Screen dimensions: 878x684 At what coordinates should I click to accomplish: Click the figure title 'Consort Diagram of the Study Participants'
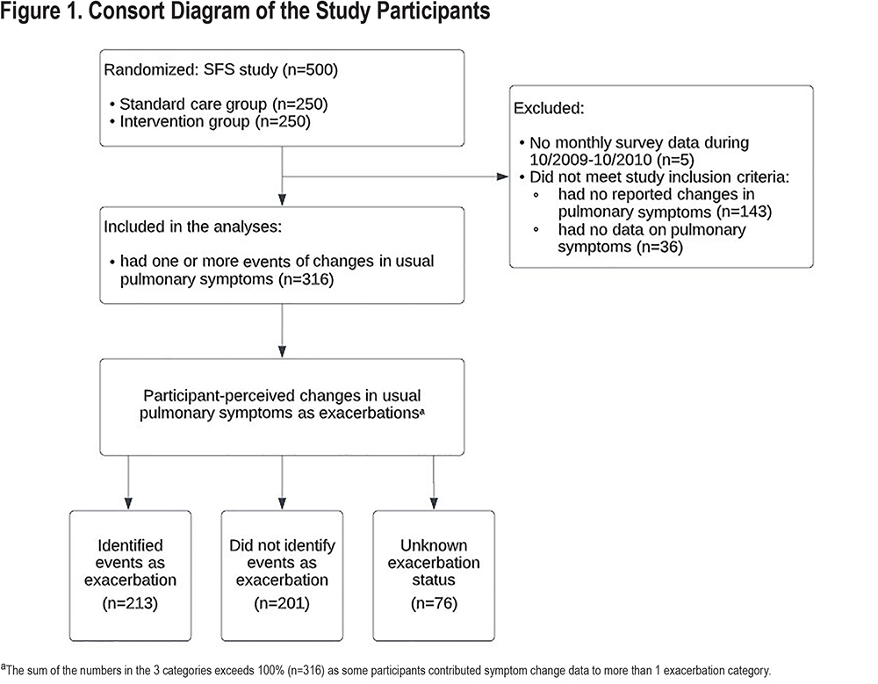[x=290, y=11]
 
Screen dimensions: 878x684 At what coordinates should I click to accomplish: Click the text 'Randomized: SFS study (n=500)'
[x=220, y=70]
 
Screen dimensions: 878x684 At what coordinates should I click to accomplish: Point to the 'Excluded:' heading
[x=549, y=108]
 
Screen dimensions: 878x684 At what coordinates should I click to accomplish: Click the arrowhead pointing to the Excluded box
[x=502, y=177]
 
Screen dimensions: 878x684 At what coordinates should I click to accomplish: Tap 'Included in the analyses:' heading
[x=192, y=227]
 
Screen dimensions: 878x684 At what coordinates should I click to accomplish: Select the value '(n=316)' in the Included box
[x=306, y=279]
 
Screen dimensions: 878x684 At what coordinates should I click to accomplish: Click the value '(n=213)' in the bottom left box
[x=130, y=603]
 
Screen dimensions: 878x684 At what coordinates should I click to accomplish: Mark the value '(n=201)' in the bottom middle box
[x=282, y=603]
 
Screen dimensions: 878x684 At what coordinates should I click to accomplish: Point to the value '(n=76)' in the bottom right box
[x=434, y=603]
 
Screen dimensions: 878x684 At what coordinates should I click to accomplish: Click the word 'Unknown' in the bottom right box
[x=434, y=545]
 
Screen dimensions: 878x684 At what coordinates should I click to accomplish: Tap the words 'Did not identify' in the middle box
[x=282, y=545]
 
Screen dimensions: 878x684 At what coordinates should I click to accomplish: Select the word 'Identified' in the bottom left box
[x=131, y=545]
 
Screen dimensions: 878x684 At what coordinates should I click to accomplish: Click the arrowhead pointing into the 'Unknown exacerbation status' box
[x=434, y=504]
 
